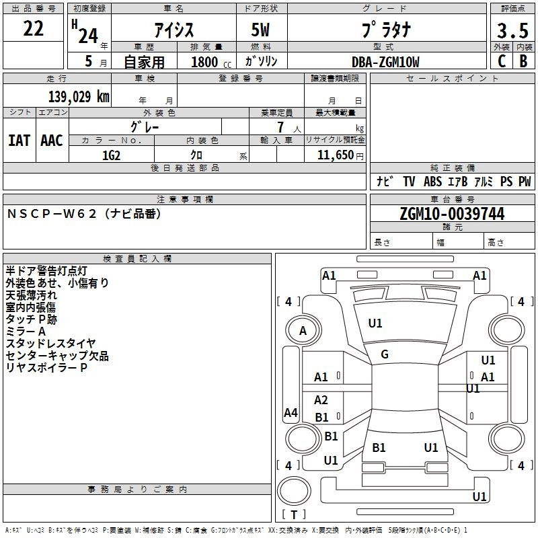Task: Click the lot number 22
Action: (x=34, y=30)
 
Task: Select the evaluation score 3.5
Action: (x=512, y=31)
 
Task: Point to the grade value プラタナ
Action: (x=386, y=30)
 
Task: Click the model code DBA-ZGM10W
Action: (x=385, y=62)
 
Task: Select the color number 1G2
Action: (x=111, y=155)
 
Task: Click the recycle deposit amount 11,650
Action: (x=334, y=155)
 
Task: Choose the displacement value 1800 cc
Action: (x=209, y=62)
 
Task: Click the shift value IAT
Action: (x=20, y=140)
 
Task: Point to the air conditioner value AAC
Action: (x=52, y=140)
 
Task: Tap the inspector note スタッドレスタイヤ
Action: (x=51, y=344)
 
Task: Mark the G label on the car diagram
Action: (x=385, y=354)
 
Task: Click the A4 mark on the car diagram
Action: (x=291, y=413)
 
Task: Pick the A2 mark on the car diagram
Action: (x=321, y=400)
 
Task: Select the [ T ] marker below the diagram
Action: (x=294, y=514)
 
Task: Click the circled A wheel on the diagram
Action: (x=303, y=331)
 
